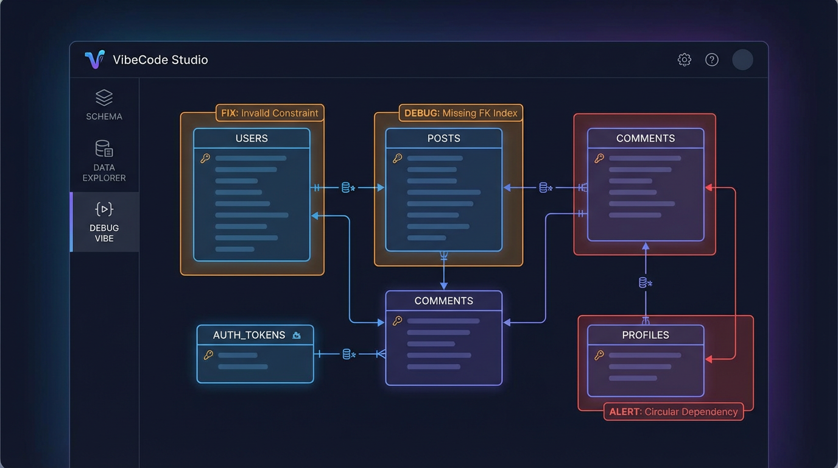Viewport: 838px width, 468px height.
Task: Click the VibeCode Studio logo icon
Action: (94, 60)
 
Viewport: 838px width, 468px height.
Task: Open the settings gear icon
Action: (685, 60)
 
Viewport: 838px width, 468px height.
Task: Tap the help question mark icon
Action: (712, 60)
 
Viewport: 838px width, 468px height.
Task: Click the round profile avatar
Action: (742, 60)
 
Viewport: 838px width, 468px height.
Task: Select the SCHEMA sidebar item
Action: (104, 105)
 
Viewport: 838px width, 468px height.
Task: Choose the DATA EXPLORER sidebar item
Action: (104, 161)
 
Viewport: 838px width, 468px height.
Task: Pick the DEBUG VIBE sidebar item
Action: (104, 222)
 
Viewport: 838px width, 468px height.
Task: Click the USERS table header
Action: (252, 138)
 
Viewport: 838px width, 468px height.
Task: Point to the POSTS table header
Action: (444, 138)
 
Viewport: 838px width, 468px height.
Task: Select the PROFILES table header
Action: (646, 335)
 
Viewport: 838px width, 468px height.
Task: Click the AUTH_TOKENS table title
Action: (249, 335)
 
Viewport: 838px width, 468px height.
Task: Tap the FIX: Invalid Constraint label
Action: (270, 113)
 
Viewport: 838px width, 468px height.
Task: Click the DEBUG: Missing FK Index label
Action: (461, 113)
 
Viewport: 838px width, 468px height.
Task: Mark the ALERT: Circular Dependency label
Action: (674, 412)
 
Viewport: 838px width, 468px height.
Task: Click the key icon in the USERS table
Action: (205, 158)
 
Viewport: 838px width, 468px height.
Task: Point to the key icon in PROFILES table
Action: (599, 355)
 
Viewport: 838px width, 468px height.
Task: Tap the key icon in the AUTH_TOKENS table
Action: (208, 355)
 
